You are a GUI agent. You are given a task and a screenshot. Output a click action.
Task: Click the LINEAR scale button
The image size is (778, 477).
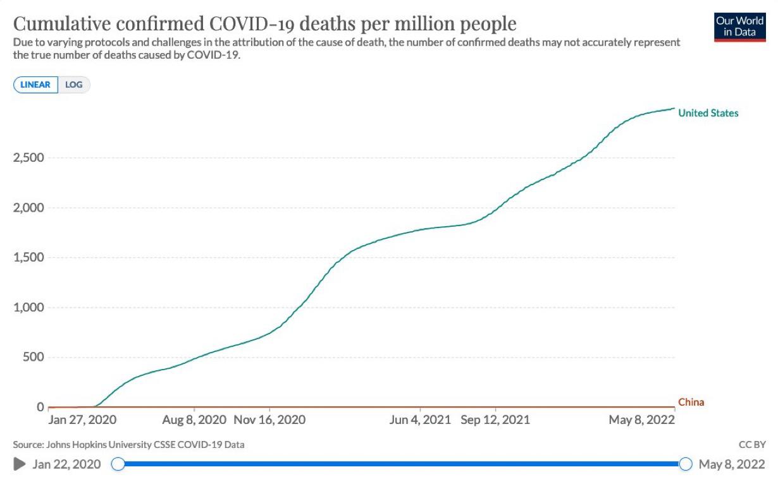[x=36, y=85]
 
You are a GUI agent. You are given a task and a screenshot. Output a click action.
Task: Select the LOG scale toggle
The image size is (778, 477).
[x=74, y=85]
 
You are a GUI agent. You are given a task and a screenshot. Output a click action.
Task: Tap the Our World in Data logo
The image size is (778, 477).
[x=739, y=27]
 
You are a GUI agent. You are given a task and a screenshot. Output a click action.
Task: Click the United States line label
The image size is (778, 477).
[x=708, y=114]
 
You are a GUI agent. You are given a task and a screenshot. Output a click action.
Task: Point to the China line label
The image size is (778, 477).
[x=691, y=402]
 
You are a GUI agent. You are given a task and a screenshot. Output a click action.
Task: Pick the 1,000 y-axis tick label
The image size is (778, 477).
[x=28, y=308]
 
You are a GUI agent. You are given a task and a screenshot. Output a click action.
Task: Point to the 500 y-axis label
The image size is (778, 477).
[x=33, y=358]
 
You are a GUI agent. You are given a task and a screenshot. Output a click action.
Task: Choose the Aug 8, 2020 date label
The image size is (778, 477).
[x=195, y=420]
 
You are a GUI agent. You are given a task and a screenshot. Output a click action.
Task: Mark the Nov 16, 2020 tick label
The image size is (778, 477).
[x=269, y=420]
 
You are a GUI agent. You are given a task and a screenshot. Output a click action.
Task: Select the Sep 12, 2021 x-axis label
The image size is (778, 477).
[x=495, y=420]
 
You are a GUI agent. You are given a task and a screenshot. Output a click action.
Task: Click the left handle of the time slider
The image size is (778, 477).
[x=118, y=464]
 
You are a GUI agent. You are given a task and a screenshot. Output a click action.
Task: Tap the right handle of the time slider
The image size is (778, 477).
[x=686, y=464]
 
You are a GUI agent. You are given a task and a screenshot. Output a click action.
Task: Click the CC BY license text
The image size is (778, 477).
[x=751, y=444]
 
